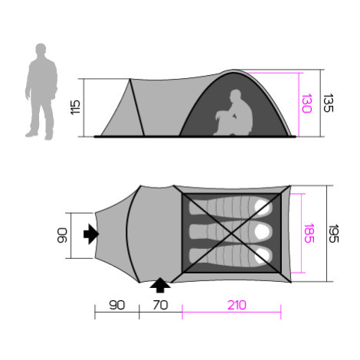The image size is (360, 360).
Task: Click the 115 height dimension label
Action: pyautogui.click(x=75, y=107)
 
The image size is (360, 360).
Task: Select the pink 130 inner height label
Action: pyautogui.click(x=306, y=103)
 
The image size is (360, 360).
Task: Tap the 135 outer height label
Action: pyautogui.click(x=329, y=103)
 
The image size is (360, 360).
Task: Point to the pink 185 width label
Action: pyautogui.click(x=309, y=234)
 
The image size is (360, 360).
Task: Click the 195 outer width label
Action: pyautogui.click(x=333, y=234)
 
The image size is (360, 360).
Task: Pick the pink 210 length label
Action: pyautogui.click(x=237, y=305)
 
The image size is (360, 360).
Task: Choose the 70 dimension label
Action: pyautogui.click(x=160, y=305)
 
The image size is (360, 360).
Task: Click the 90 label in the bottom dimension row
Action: pyautogui.click(x=117, y=305)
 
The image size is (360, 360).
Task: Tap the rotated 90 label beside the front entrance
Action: pyautogui.click(x=62, y=235)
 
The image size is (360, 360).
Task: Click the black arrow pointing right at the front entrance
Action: pyautogui.click(x=91, y=234)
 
